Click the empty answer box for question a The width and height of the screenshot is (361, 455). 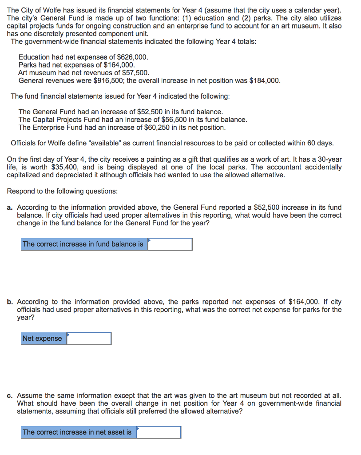click(x=170, y=244)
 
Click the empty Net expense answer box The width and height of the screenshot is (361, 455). click(x=89, y=339)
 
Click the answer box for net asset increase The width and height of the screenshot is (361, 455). click(x=159, y=432)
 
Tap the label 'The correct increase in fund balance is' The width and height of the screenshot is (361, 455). click(x=83, y=244)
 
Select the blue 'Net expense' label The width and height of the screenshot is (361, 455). click(x=42, y=339)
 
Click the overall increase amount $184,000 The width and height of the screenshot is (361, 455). click(x=265, y=80)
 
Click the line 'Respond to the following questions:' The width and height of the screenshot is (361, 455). click(x=63, y=191)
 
